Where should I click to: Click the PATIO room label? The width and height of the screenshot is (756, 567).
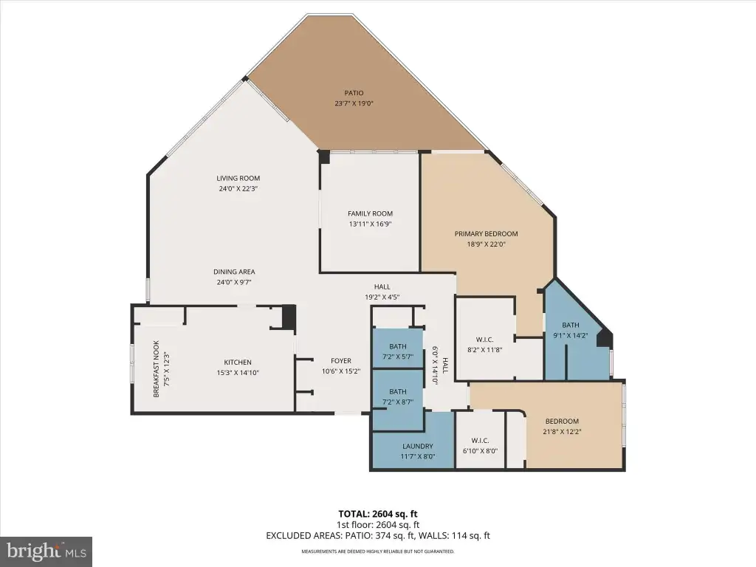(x=354, y=93)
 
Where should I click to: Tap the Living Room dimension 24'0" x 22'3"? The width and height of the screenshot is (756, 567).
(x=238, y=189)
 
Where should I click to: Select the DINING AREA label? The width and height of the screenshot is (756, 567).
(x=234, y=272)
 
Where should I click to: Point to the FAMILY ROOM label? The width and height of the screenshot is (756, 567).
(x=371, y=213)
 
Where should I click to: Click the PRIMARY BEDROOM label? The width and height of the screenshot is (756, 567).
(x=486, y=234)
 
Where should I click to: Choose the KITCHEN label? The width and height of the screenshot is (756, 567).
(x=238, y=362)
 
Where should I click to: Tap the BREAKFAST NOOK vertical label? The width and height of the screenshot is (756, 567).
(x=157, y=369)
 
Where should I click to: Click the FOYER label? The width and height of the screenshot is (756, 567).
(x=341, y=361)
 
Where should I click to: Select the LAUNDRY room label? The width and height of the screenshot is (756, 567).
(x=418, y=447)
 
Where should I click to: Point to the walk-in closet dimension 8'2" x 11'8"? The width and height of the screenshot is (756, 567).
(x=484, y=350)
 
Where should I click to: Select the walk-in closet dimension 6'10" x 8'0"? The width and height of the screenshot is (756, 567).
(x=480, y=451)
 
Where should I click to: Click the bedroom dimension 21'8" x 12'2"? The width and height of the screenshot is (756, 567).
(x=562, y=432)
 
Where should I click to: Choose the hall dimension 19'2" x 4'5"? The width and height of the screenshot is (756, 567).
(x=382, y=298)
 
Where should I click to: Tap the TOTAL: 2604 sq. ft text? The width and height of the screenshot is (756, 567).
(x=378, y=514)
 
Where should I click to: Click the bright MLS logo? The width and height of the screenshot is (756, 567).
(x=47, y=551)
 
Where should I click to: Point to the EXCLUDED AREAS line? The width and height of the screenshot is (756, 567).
(x=378, y=536)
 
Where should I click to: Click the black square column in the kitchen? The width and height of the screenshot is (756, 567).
(x=289, y=317)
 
